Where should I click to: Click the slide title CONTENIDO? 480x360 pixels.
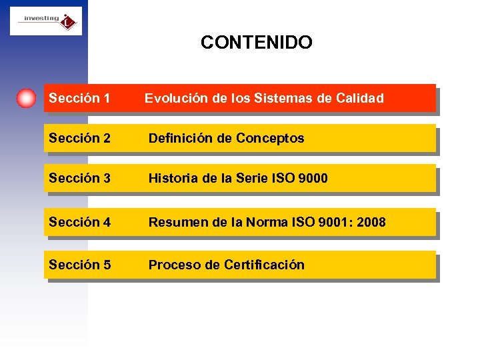point(256,43)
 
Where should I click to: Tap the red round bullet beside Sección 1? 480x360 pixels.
point(26,98)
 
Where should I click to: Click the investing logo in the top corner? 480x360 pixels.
point(46,21)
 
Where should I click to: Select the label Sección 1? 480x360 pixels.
point(79,99)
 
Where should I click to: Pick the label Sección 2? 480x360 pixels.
point(79,139)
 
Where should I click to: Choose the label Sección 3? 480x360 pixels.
point(79,179)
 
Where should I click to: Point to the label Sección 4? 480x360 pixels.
point(79,222)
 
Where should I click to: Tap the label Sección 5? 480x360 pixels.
point(79,265)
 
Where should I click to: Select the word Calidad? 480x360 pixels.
point(360,99)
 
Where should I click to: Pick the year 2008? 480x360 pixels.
point(371,222)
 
